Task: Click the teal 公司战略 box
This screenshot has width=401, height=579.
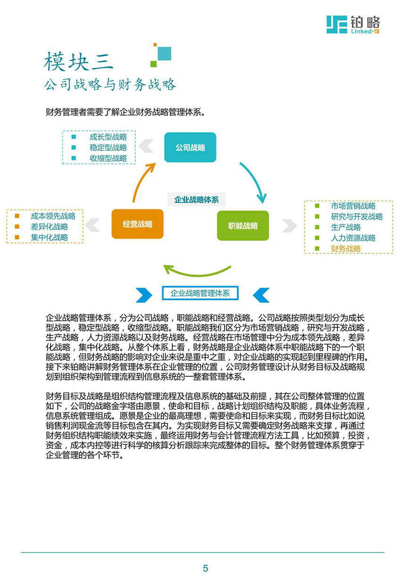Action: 190,147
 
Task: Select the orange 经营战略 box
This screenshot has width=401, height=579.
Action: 137,224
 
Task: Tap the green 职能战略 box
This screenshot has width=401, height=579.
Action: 243,226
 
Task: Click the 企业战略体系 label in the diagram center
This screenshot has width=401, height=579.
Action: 196,199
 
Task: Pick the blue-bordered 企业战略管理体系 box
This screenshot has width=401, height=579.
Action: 200,293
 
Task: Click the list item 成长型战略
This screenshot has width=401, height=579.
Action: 108,137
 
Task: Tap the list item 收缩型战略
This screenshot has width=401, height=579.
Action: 108,158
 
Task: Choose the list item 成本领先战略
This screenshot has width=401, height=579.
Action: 53,216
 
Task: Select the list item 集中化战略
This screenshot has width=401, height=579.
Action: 50,237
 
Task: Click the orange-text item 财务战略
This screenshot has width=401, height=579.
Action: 346,248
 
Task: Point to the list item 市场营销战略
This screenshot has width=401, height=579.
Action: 353,206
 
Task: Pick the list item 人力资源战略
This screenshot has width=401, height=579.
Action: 353,238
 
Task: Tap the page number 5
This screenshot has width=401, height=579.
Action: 205,568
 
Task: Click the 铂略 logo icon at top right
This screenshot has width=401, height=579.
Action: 336,25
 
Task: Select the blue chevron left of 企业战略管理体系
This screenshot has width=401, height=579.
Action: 144,295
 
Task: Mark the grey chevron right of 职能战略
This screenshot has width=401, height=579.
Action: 289,226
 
